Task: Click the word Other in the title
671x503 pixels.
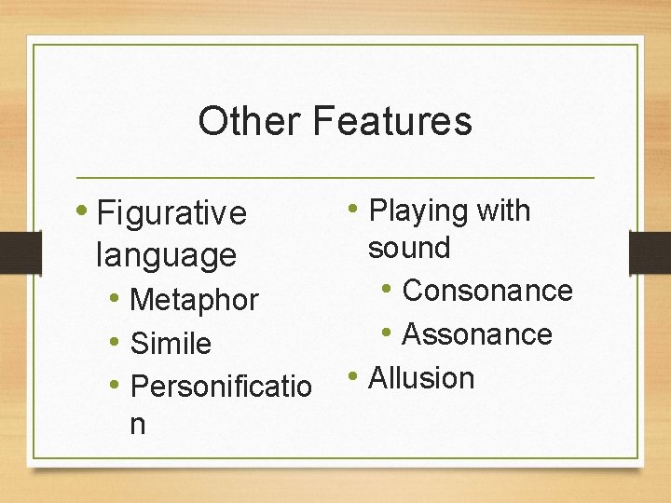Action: tap(249, 121)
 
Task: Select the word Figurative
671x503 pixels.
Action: tap(171, 214)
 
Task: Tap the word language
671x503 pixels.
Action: tap(166, 254)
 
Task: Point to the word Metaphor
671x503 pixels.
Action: tap(194, 300)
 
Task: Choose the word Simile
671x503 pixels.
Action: tap(171, 344)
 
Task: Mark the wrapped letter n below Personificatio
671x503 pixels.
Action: tap(138, 424)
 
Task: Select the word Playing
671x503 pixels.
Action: tap(418, 211)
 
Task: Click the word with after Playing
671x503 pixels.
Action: tap(502, 211)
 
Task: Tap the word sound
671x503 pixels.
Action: tap(409, 249)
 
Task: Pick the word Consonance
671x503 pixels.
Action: tap(487, 291)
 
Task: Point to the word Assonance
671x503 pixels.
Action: tap(477, 334)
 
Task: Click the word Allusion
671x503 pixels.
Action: tap(422, 378)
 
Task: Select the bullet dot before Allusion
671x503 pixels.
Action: tap(355, 377)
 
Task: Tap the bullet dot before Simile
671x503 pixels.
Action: tap(114, 343)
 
